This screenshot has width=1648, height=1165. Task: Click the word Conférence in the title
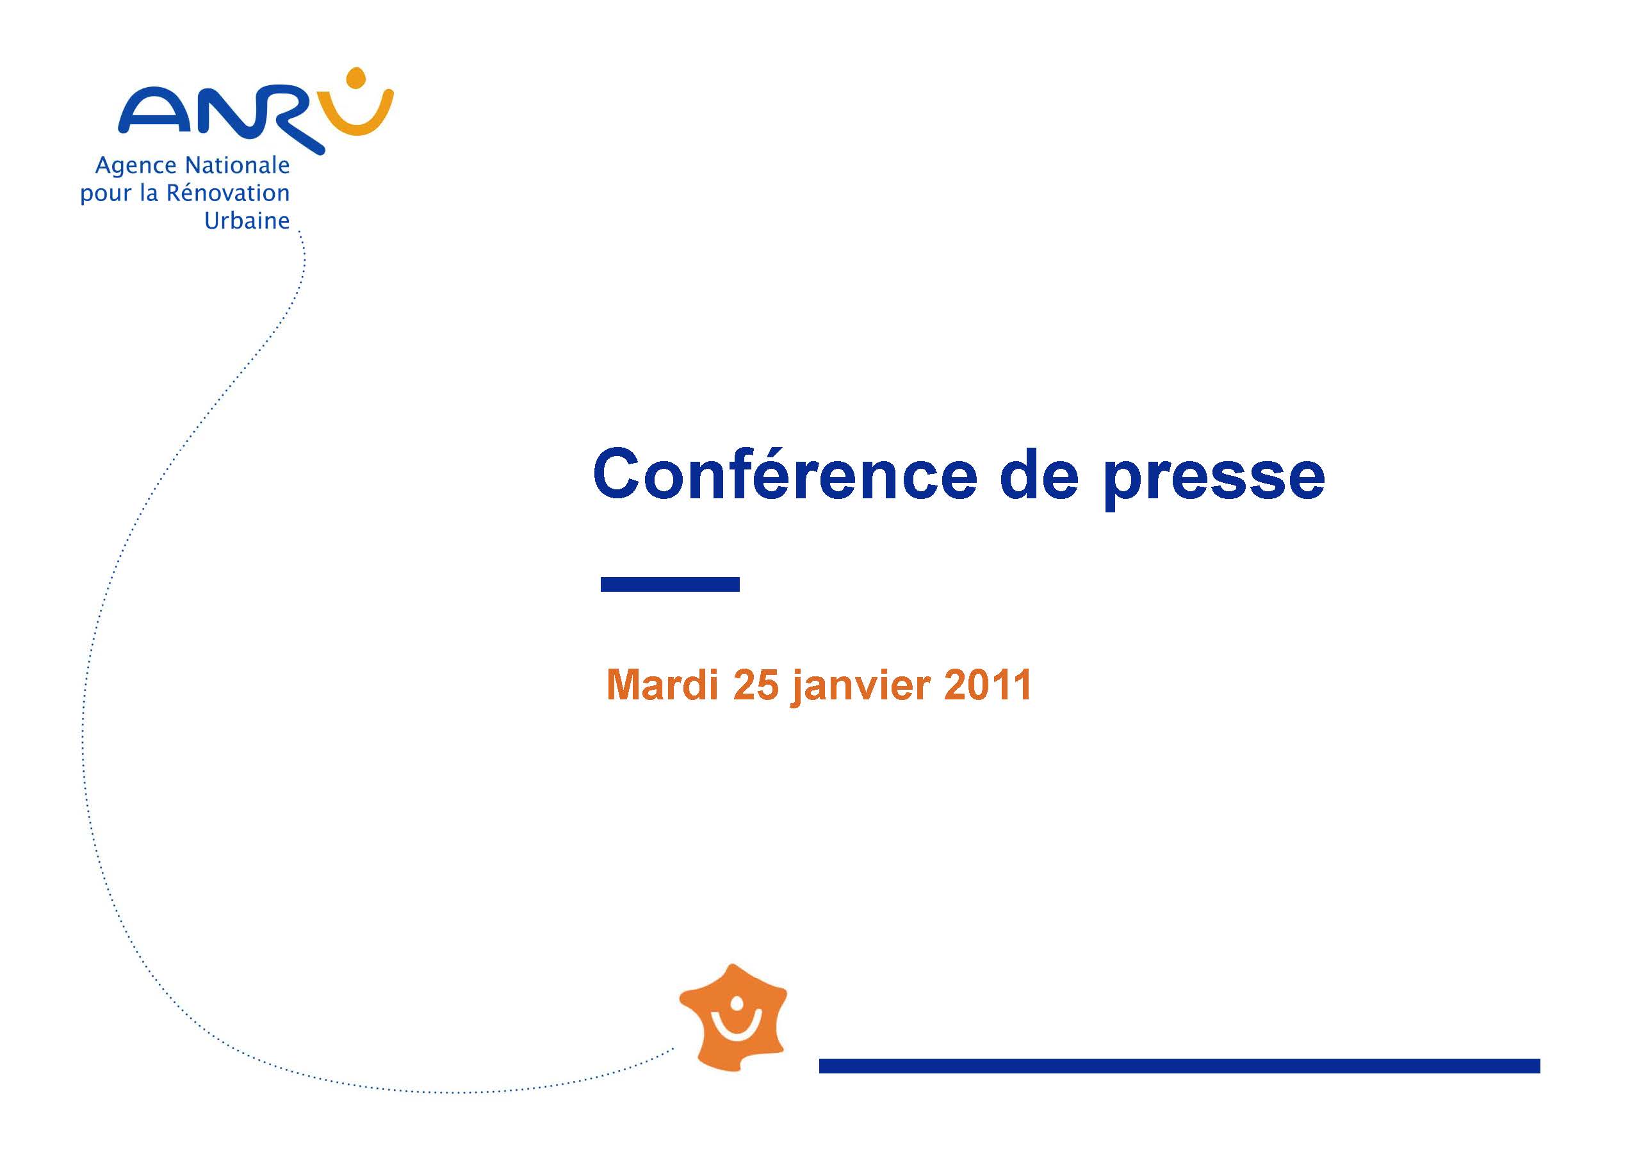[785, 473]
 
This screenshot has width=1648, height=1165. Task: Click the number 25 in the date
[756, 685]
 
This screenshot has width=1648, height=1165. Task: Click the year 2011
[988, 685]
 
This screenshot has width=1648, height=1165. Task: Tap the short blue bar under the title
[670, 584]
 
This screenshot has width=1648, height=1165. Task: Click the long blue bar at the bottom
[1179, 1066]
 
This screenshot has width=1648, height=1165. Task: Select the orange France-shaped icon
[733, 1018]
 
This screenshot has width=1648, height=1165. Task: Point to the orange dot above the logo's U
[356, 76]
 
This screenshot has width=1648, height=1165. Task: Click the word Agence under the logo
[136, 167]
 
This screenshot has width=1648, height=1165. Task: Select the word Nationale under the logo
[237, 165]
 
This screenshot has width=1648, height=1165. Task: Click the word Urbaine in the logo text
[247, 220]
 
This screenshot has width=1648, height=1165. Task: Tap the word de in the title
[1039, 473]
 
